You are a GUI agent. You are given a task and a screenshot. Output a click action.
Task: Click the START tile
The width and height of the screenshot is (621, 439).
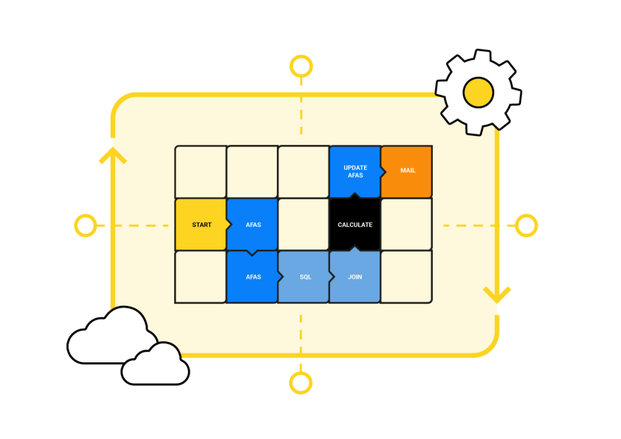(x=201, y=225)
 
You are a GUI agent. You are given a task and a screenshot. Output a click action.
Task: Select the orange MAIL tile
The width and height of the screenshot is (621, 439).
(x=407, y=171)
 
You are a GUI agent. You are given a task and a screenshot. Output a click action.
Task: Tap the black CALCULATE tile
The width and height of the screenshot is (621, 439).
(x=355, y=225)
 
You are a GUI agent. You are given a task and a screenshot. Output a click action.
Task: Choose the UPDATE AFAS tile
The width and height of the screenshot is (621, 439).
(x=355, y=171)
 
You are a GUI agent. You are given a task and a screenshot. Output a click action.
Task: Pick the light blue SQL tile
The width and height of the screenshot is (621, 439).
(x=304, y=277)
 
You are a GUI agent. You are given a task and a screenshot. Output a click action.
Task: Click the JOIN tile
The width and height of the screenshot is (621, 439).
(x=355, y=277)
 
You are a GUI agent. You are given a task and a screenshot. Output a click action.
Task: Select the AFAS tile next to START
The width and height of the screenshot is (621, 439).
(x=253, y=225)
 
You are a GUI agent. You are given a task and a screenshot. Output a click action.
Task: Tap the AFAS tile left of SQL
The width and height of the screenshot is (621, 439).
(x=253, y=277)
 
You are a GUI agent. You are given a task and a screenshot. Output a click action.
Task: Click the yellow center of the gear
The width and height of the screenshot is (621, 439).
(x=478, y=93)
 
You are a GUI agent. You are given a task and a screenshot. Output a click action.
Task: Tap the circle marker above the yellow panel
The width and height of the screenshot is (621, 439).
(x=301, y=67)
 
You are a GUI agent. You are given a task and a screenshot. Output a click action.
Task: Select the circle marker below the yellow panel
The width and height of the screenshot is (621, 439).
(x=300, y=383)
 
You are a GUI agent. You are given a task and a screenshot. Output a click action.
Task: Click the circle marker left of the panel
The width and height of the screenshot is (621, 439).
(x=85, y=225)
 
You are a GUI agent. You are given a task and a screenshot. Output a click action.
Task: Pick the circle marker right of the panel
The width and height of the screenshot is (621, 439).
(x=526, y=225)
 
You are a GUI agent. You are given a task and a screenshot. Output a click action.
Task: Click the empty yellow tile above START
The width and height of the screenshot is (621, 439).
(x=201, y=171)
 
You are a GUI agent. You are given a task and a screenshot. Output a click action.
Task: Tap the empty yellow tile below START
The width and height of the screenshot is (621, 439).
(x=201, y=277)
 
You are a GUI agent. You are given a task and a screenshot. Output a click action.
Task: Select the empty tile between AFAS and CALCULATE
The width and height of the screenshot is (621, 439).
(x=304, y=225)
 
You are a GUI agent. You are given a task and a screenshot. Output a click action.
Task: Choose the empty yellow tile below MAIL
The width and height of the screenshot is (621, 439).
(x=407, y=225)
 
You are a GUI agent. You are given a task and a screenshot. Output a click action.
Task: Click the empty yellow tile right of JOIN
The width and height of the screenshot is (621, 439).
(x=407, y=277)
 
